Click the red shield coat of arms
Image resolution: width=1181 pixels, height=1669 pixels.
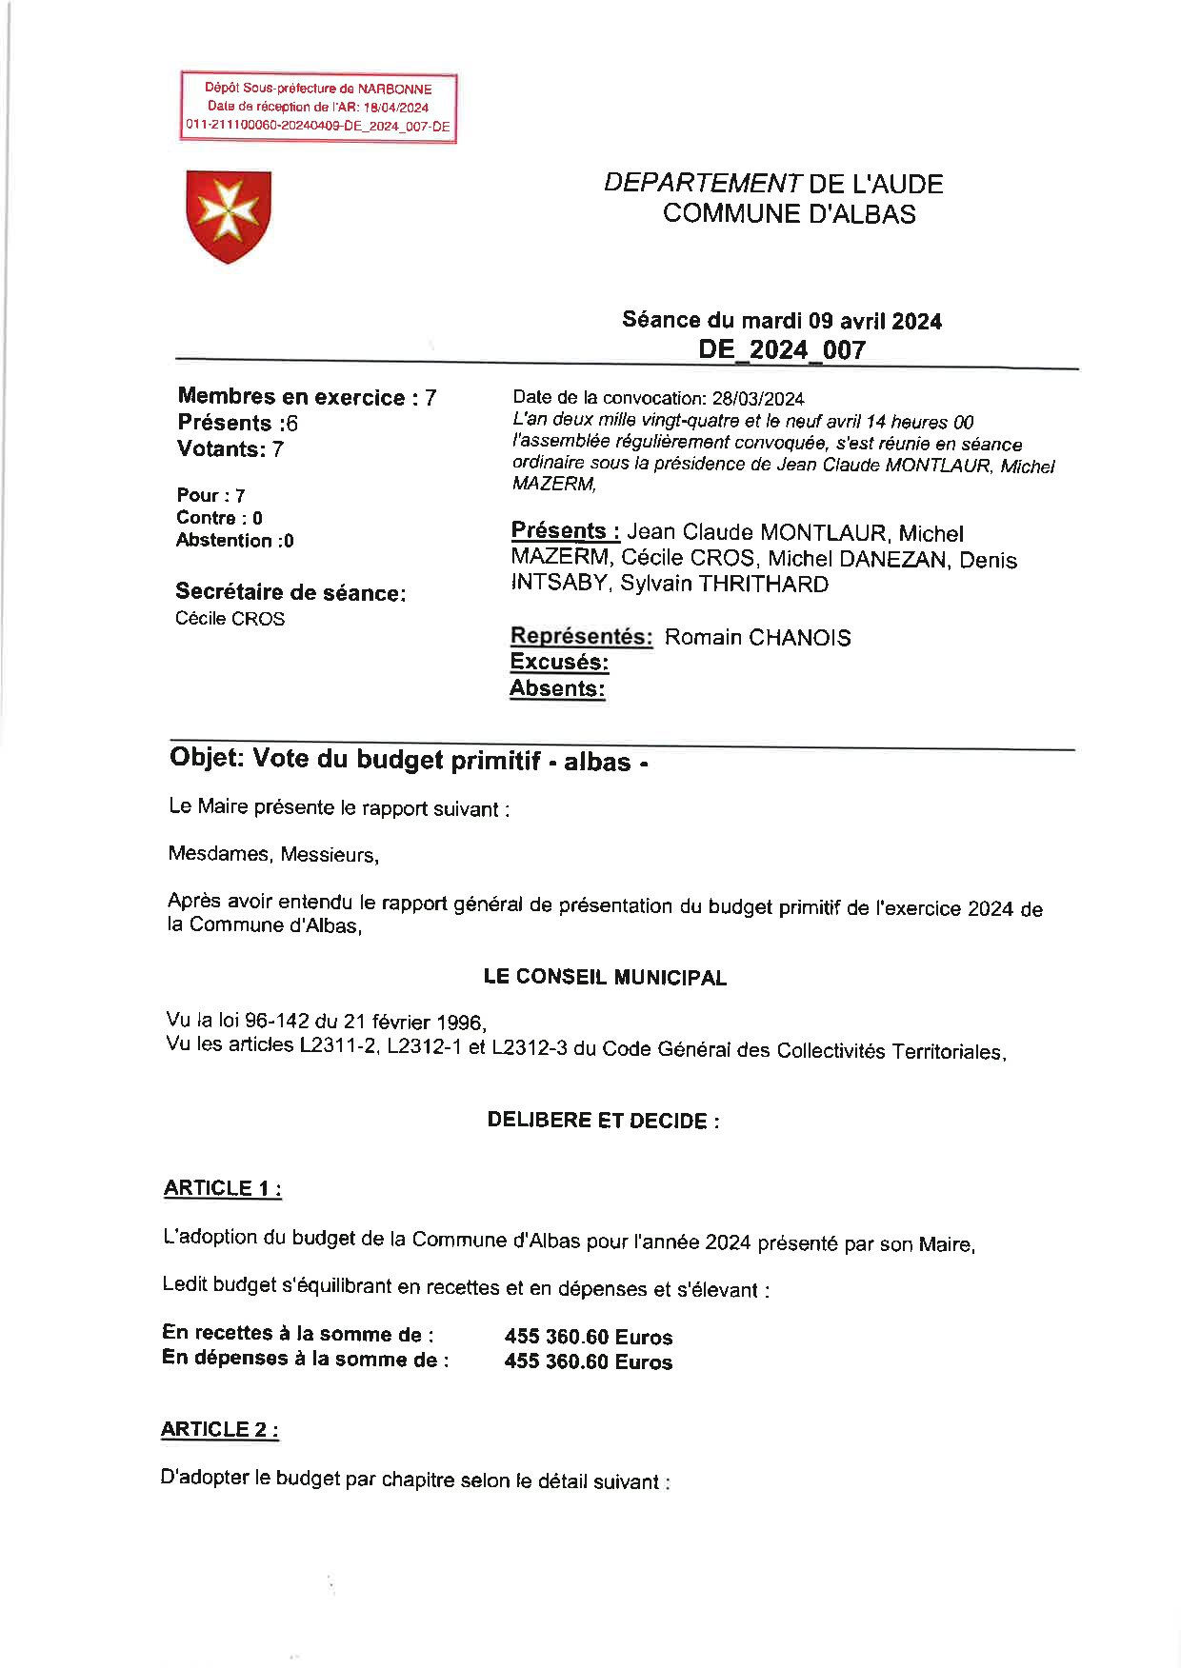click(x=229, y=216)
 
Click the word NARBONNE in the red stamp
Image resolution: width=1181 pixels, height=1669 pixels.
click(x=394, y=89)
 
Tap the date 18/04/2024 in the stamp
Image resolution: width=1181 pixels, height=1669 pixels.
click(x=396, y=108)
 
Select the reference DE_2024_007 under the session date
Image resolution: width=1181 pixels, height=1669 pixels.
click(x=782, y=349)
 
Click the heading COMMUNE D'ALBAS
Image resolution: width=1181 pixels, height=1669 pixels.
click(x=789, y=213)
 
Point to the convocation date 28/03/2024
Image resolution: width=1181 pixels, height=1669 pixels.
click(x=757, y=398)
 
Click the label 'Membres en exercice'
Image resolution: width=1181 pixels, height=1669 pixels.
click(x=291, y=397)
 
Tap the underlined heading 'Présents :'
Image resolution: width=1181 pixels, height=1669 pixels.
click(x=565, y=531)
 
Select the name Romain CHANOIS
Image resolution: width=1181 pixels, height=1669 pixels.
click(x=757, y=637)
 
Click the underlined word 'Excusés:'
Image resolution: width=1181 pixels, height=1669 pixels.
click(x=559, y=662)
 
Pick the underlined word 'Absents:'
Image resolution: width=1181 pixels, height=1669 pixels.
click(x=557, y=688)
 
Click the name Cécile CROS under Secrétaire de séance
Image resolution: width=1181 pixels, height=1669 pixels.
click(x=230, y=619)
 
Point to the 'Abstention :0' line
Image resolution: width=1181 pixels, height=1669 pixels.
click(x=234, y=541)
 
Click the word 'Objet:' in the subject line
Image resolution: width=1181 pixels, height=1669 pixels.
click(x=207, y=758)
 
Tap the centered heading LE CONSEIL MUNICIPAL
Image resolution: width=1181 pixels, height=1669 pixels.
click(x=605, y=977)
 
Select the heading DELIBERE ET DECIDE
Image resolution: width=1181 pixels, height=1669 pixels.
click(x=602, y=1120)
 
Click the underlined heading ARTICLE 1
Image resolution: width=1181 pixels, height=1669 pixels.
click(x=222, y=1188)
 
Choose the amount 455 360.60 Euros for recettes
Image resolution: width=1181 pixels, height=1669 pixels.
click(x=588, y=1337)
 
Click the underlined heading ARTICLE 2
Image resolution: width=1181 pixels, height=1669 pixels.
click(x=219, y=1429)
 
